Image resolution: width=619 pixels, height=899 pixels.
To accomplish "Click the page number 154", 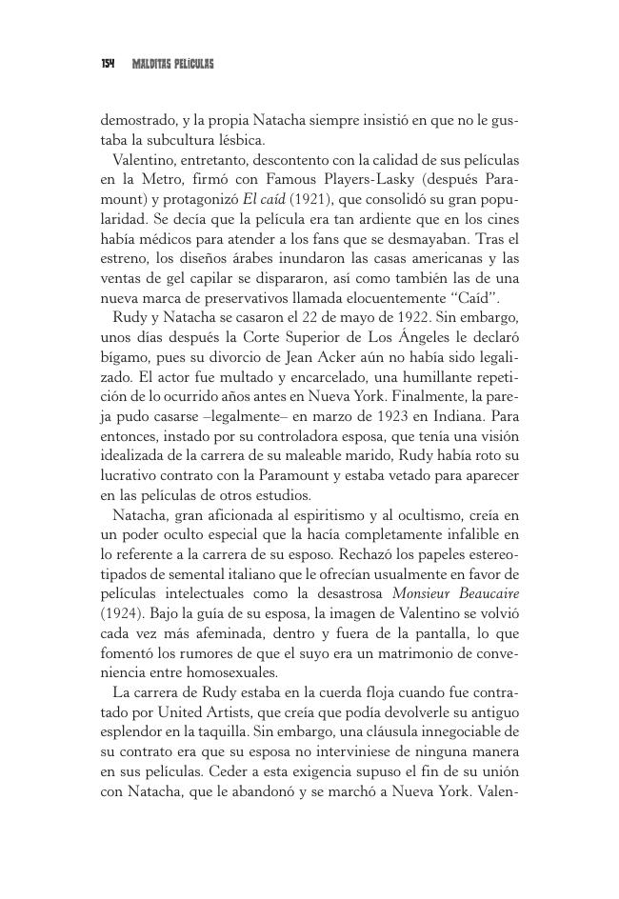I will point(107,64).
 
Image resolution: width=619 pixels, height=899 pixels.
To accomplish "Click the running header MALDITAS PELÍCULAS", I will point(172,64).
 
